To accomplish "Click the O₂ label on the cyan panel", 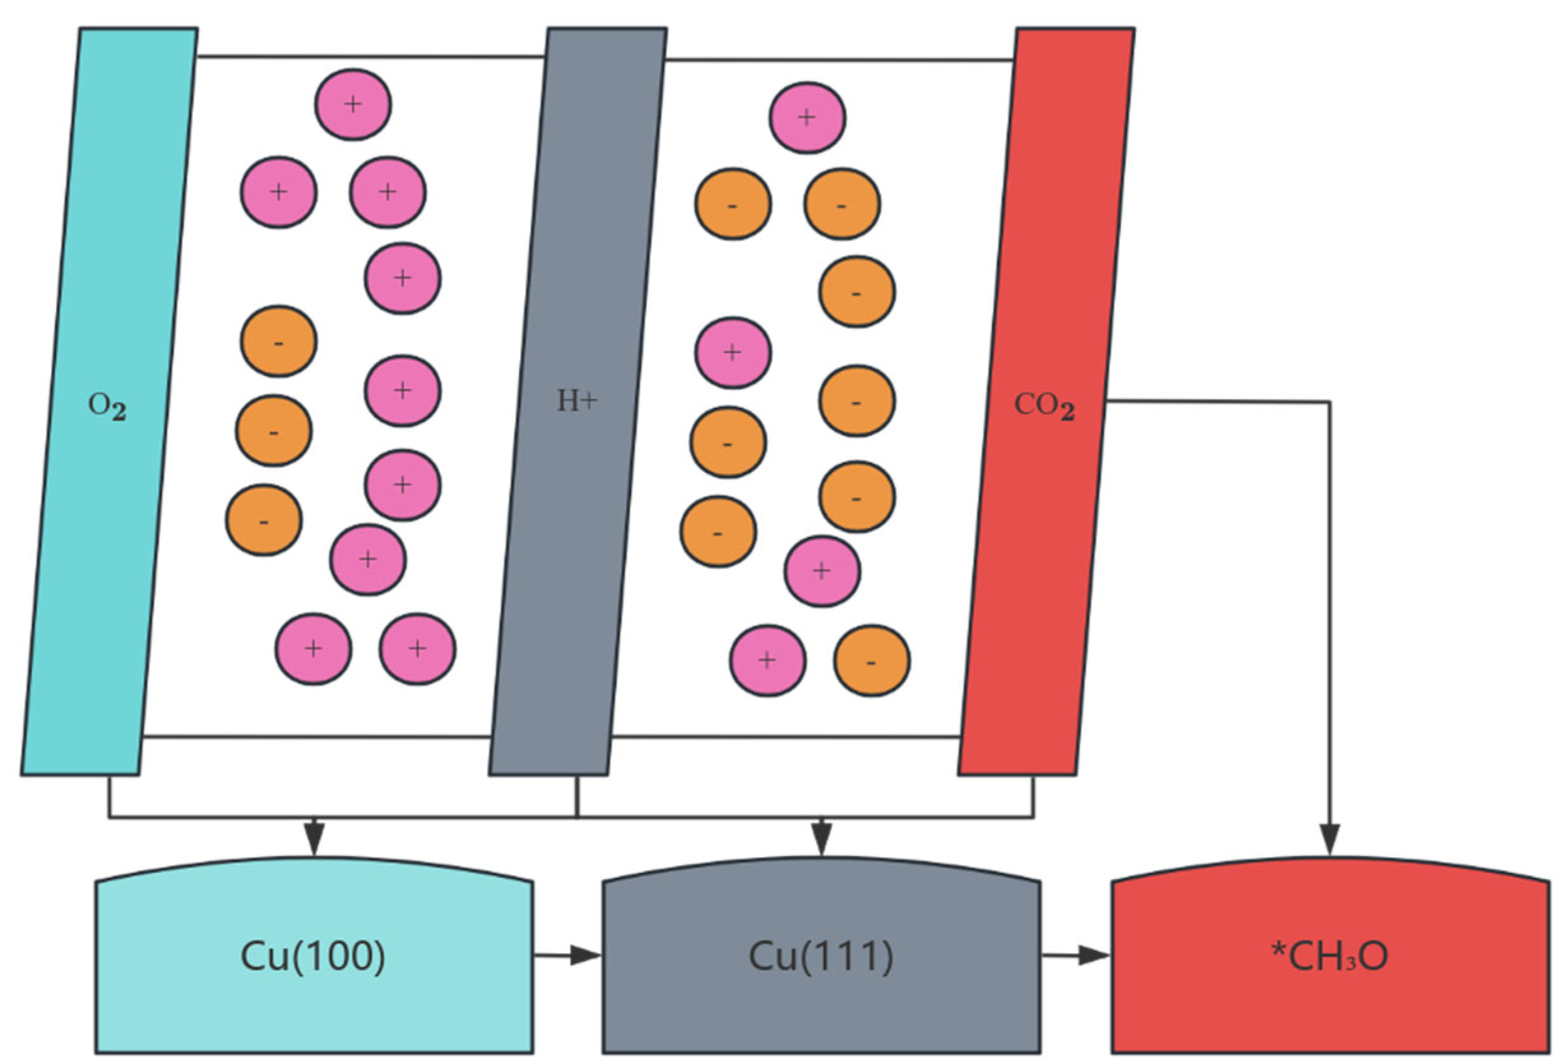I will (107, 406).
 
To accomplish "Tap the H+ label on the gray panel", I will (577, 402).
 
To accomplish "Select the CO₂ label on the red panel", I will (1044, 405).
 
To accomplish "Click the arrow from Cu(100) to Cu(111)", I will (566, 955).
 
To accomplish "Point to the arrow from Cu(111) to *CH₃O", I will (1074, 955).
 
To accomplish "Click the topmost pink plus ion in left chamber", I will (352, 105).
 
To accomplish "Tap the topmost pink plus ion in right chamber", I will (807, 118).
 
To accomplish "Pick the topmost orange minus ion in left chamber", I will (279, 342).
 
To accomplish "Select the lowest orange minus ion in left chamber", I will (263, 520).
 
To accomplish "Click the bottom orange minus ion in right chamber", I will (871, 661).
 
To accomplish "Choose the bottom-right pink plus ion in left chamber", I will (417, 649).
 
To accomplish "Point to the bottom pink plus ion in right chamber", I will (767, 660).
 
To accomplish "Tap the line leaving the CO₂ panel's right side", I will (1213, 402).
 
